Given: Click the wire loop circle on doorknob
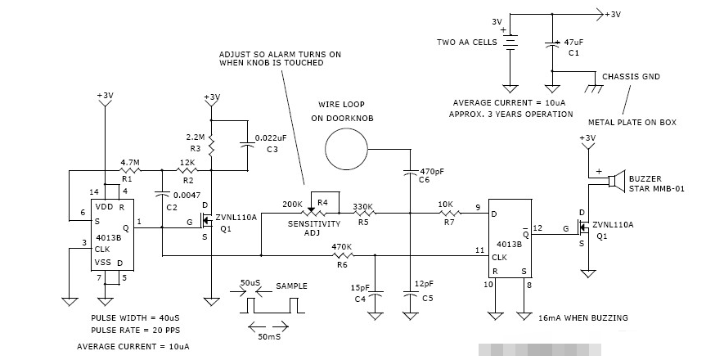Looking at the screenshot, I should coord(346,150).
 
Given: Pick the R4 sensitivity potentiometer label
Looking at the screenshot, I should coord(322,201).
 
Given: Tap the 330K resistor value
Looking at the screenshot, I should coord(363,206).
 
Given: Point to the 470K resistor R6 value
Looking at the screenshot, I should coord(341,246).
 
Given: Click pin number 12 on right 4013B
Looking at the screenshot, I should coord(537,227).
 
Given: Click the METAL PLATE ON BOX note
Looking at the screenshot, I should coord(632,122).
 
